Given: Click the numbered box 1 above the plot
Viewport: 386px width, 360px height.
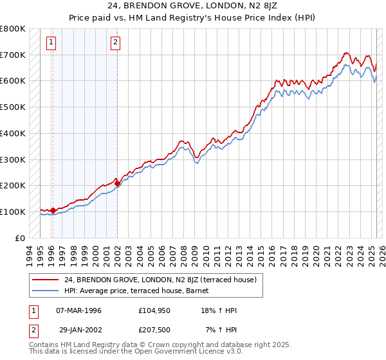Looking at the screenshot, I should (x=51, y=43).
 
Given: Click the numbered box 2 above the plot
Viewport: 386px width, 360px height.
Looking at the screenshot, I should (x=115, y=43).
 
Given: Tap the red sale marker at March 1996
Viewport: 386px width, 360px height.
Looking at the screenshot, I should (x=52, y=210).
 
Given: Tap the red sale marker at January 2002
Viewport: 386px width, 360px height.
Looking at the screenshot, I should (x=117, y=183).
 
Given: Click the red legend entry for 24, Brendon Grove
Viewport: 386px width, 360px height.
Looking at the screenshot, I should (x=160, y=280).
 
